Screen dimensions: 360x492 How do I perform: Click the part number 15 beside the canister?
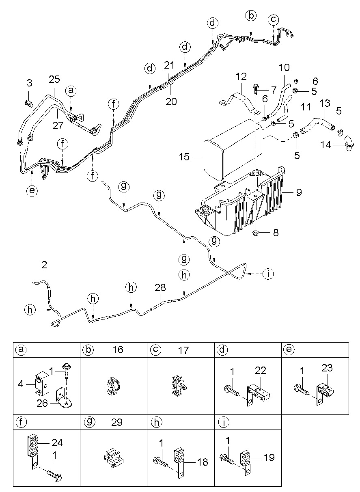point(184,157)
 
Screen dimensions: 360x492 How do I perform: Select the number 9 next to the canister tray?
point(299,192)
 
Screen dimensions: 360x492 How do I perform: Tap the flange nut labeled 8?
point(255,233)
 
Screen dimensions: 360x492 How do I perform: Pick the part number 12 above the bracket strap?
point(241,77)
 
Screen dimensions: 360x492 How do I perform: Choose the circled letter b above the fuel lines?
point(251,16)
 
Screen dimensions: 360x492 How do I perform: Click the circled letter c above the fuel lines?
point(273,19)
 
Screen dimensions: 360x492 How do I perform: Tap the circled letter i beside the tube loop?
point(268,274)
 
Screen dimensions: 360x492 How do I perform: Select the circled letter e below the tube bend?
point(32,190)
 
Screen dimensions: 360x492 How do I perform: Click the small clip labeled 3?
point(29,103)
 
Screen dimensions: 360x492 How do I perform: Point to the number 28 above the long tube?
point(160,287)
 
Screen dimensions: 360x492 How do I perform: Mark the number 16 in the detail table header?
point(118,350)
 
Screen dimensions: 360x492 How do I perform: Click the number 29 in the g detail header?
point(116,422)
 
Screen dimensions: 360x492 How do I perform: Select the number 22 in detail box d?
point(261,371)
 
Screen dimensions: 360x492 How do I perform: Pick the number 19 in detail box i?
point(269,457)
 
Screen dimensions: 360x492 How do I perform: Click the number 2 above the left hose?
point(44,265)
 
